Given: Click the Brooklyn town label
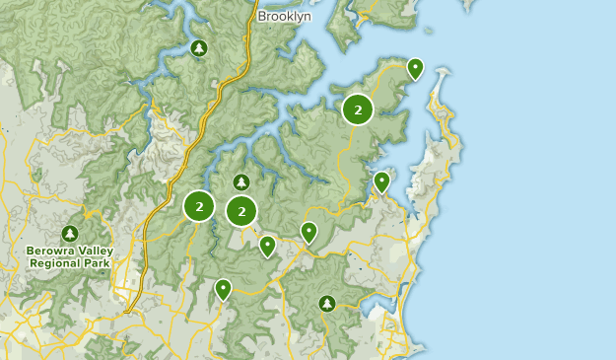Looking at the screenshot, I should point(284,17).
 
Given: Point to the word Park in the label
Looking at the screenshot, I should point(98,263).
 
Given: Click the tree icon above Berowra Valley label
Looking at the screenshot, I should point(69,234).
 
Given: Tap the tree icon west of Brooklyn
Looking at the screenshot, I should point(199,47).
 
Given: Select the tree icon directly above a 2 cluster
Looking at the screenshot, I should point(241,182).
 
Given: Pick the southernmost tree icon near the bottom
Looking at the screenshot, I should point(327,303).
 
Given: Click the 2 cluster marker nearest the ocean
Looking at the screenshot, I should point(358,109).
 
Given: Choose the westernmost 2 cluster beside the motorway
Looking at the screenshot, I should point(199,206).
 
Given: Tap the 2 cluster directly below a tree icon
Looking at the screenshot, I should point(241,210).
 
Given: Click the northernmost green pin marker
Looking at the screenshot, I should point(415,68).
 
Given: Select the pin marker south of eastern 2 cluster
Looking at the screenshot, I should point(381,181).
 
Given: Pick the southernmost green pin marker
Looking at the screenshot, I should point(223,289).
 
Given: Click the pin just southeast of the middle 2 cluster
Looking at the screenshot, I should point(267,245).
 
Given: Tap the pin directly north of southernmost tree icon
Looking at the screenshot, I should point(308,232).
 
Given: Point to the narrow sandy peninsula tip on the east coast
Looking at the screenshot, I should point(444,75).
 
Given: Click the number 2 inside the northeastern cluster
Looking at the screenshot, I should point(358,109).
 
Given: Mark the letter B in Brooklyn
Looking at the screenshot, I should point(262,17).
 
